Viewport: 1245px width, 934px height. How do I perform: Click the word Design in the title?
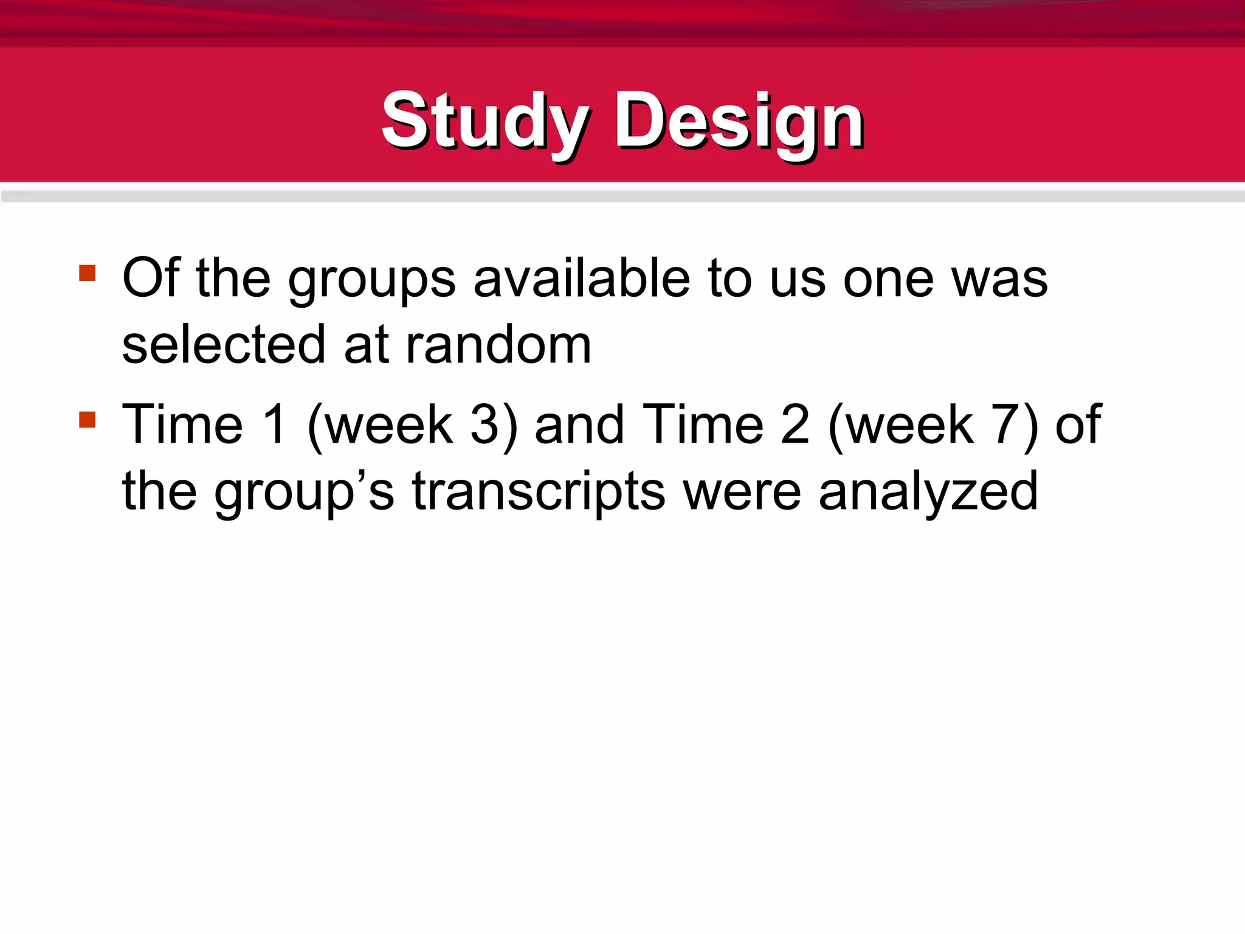coord(739,122)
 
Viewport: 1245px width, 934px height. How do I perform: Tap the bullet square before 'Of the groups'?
coord(88,272)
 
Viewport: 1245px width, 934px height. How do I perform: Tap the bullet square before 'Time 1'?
coord(88,420)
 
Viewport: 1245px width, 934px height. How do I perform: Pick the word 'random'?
coord(498,345)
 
